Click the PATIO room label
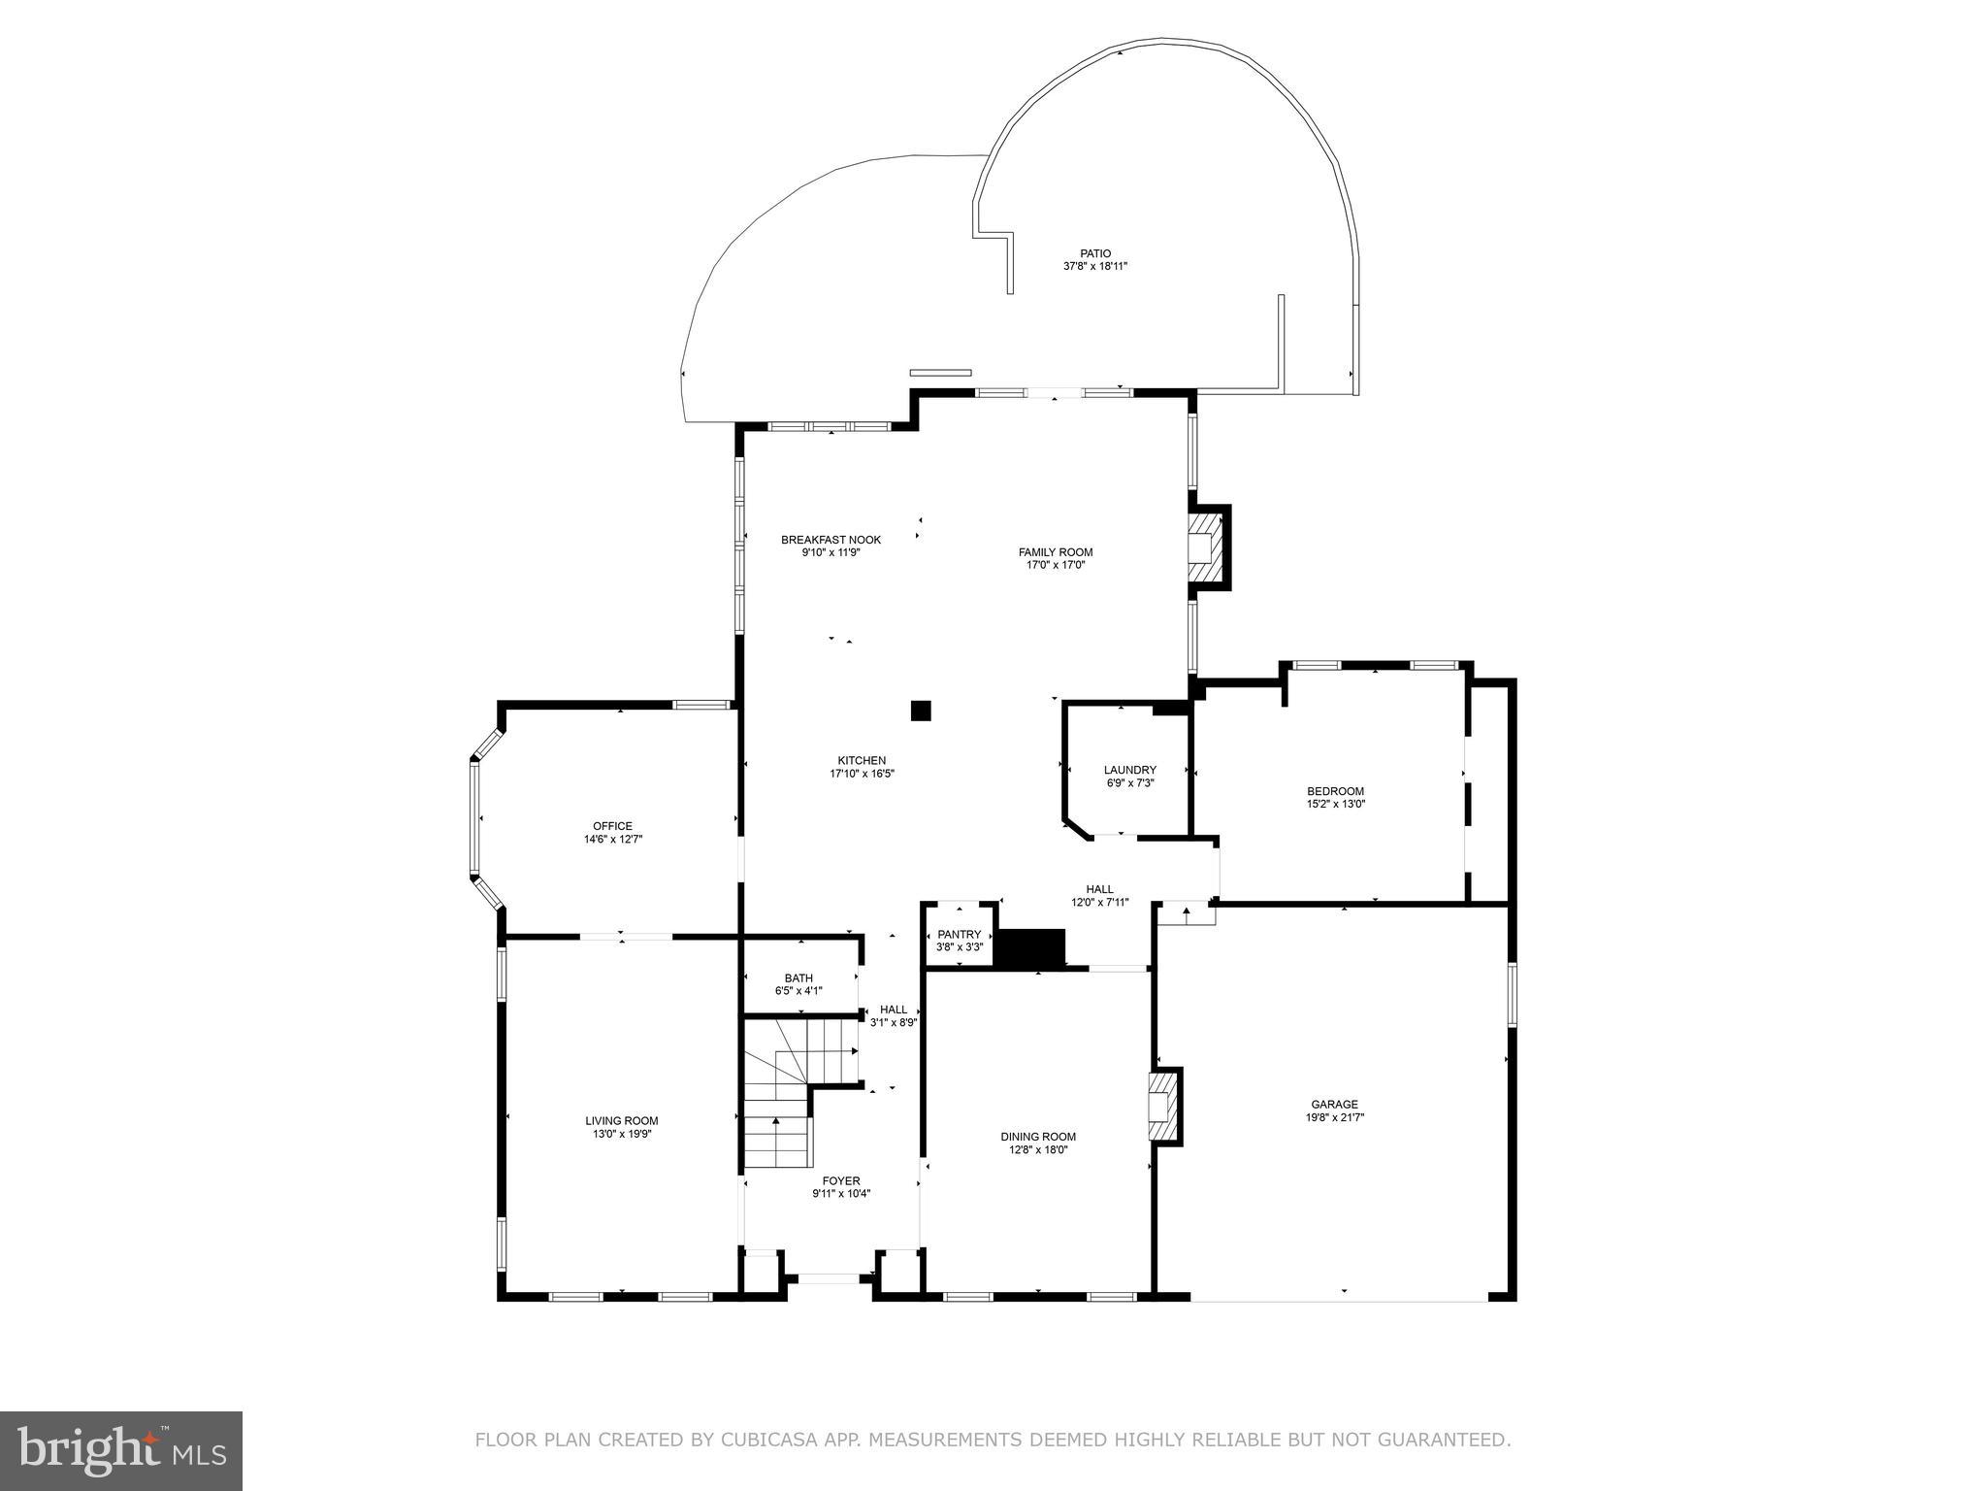[x=1095, y=253]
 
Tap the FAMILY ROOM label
[x=1056, y=552]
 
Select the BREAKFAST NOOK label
[x=831, y=540]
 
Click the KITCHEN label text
[x=862, y=761]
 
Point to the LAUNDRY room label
[x=1129, y=770]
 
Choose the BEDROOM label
[x=1335, y=791]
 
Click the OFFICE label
[x=612, y=826]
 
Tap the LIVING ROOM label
[x=621, y=1121]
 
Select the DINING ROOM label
[x=1038, y=1137]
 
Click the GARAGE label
[x=1334, y=1104]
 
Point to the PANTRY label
[x=959, y=935]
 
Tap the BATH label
[x=798, y=978]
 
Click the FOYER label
[x=841, y=1181]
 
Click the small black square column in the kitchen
[x=921, y=711]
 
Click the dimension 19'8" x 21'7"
[x=1334, y=1117]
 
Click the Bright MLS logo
[x=121, y=1451]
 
